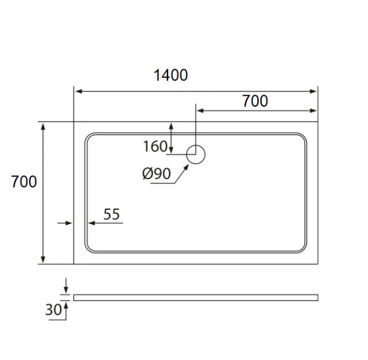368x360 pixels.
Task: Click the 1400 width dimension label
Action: [171, 75]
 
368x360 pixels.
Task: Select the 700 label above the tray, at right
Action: [255, 101]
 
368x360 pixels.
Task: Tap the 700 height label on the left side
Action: [24, 182]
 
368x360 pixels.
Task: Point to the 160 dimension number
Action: [155, 146]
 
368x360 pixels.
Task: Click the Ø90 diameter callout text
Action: [156, 174]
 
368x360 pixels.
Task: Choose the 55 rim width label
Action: [112, 214]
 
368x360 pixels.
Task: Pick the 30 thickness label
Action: [53, 310]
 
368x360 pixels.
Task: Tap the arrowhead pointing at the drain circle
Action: [186, 167]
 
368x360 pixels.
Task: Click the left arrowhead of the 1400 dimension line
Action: [79, 91]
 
